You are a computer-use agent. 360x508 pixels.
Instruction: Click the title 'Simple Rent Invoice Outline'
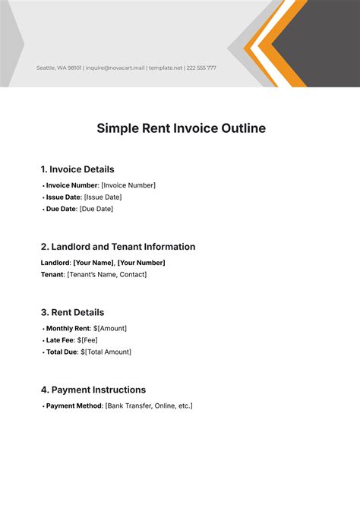click(x=181, y=128)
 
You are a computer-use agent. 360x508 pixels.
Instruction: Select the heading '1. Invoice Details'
click(x=77, y=169)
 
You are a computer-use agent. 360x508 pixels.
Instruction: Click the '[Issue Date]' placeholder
click(x=103, y=197)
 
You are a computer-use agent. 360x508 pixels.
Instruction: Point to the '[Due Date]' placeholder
click(x=96, y=209)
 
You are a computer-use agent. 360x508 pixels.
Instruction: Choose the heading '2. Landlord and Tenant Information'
click(x=118, y=247)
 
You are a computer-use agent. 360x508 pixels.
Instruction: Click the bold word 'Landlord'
click(x=55, y=263)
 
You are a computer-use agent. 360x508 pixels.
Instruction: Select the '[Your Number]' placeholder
click(x=141, y=263)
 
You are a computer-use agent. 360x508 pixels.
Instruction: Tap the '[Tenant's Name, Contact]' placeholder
click(x=107, y=274)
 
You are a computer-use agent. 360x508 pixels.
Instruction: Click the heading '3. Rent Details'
click(x=72, y=312)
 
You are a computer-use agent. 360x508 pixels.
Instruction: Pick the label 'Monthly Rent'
click(x=68, y=328)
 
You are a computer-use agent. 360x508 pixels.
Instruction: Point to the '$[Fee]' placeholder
click(x=87, y=340)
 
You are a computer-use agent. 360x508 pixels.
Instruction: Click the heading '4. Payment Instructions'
click(x=93, y=390)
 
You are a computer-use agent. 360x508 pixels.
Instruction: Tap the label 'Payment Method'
click(x=74, y=405)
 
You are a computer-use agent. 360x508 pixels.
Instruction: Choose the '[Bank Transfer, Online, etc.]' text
click(x=149, y=405)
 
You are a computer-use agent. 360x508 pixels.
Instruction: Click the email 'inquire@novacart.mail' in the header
click(x=115, y=68)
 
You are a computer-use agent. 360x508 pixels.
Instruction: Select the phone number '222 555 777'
click(x=201, y=68)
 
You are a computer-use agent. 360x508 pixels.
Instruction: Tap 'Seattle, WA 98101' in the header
click(x=59, y=68)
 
